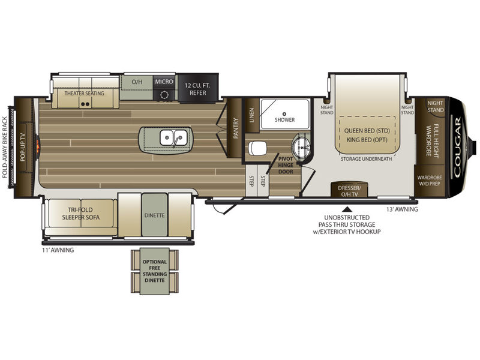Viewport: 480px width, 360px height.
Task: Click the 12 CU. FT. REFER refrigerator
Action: click(198, 88)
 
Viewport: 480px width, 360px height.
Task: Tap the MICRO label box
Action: click(164, 82)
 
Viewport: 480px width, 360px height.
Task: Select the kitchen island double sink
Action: click(173, 138)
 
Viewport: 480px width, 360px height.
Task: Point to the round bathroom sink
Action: click(302, 146)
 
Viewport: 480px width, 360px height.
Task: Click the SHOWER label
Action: click(284, 119)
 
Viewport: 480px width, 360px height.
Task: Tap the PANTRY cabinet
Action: click(236, 128)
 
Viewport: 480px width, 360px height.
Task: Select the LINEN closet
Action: click(251, 115)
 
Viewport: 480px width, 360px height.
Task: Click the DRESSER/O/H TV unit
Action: click(349, 190)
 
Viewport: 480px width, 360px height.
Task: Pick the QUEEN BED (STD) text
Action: click(367, 131)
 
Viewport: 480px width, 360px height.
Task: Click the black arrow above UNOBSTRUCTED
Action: click(347, 209)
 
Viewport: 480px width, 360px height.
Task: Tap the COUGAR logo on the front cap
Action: click(457, 148)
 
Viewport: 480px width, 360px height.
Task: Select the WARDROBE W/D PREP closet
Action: click(430, 181)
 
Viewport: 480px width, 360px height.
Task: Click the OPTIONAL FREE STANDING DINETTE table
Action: click(155, 271)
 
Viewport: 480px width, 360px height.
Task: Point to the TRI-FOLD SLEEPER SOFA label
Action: click(81, 214)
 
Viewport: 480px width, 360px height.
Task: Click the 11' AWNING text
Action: click(58, 250)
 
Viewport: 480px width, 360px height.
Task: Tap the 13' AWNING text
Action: click(402, 209)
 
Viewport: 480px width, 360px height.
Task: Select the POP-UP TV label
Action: click(22, 147)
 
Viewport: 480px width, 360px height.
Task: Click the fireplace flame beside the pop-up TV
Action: click(38, 146)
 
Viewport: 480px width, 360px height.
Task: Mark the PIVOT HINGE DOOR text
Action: click(286, 166)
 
